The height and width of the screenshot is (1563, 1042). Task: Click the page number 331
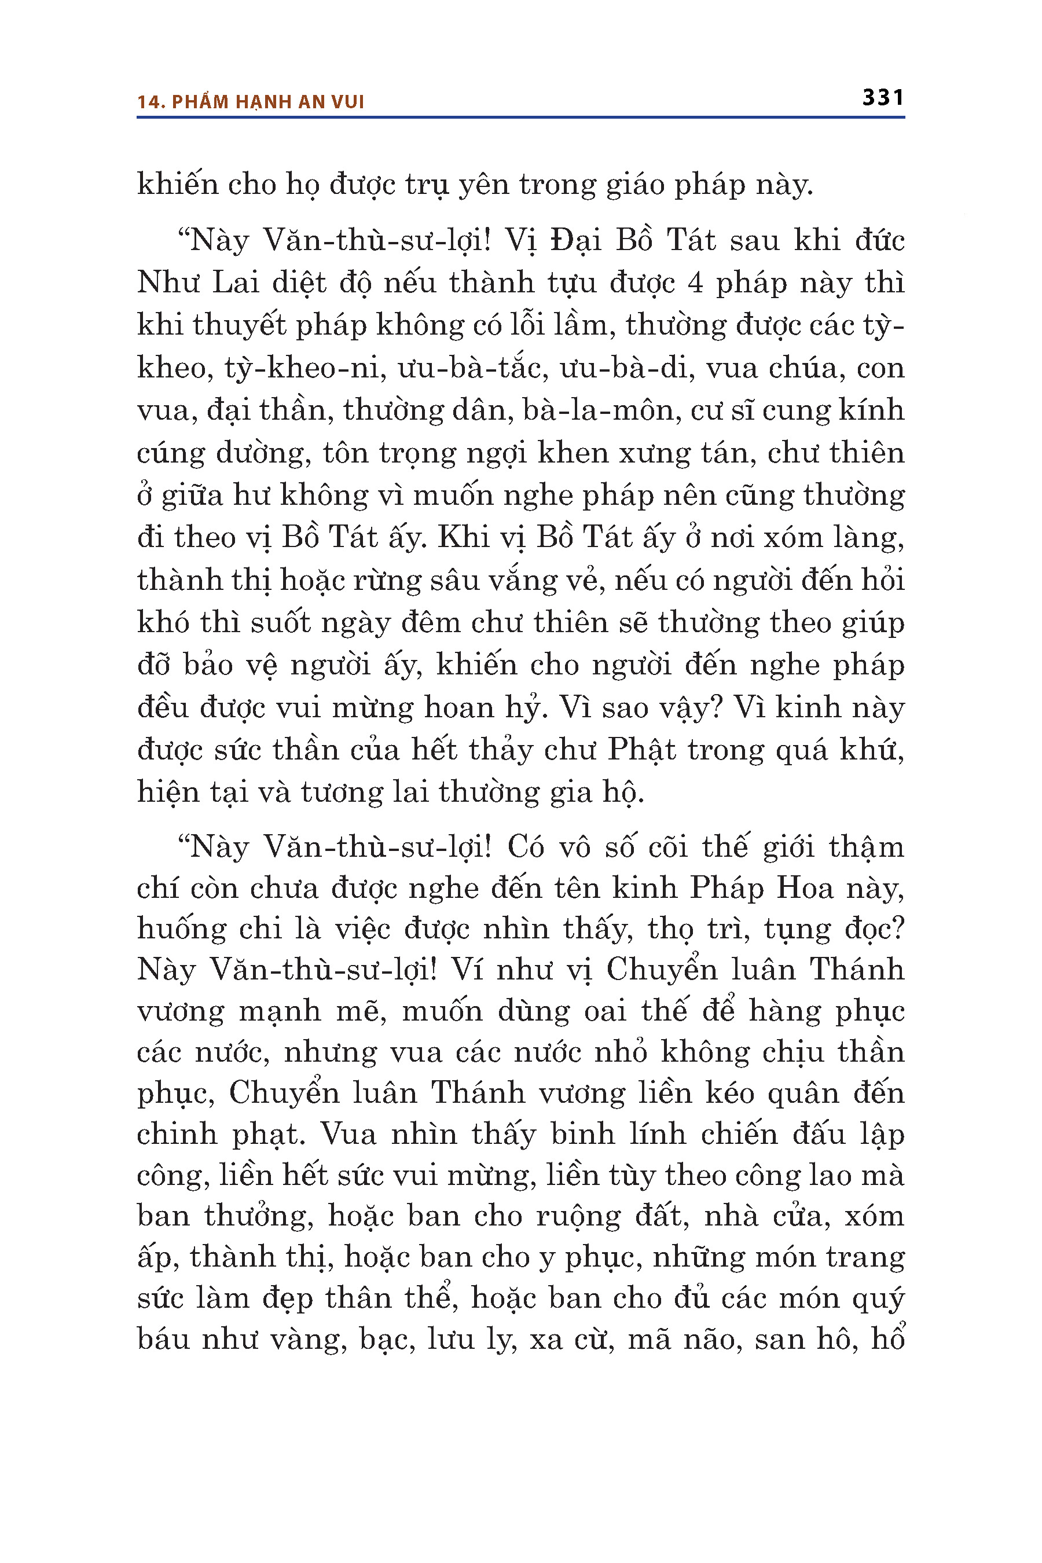point(882,98)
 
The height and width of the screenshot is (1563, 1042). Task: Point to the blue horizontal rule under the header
point(520,118)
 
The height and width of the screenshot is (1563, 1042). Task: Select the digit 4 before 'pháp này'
point(695,283)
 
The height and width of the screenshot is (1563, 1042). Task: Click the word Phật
point(641,750)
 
